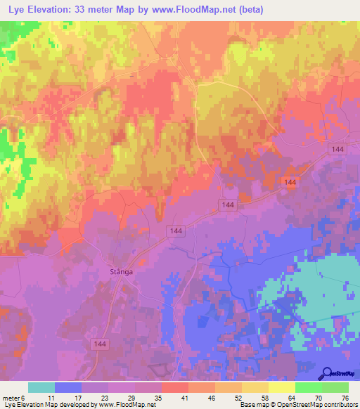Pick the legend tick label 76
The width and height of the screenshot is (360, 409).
click(x=344, y=398)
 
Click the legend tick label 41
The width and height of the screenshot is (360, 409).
click(x=184, y=398)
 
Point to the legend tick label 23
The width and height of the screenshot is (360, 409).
click(x=103, y=398)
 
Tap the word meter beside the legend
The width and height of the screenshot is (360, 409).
click(x=12, y=398)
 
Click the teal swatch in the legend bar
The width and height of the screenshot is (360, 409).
click(x=41, y=387)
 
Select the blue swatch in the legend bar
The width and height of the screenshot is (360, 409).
click(x=68, y=387)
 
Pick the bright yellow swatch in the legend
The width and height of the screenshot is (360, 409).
click(x=282, y=387)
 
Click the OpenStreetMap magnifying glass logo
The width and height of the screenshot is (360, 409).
click(x=326, y=374)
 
